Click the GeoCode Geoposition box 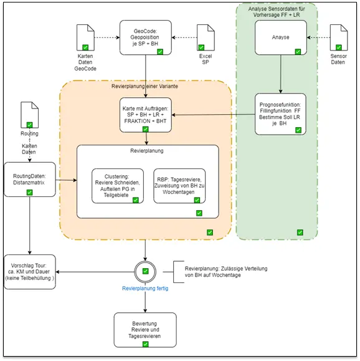tap(146, 37)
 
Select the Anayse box tap(281, 37)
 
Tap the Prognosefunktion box tap(280, 114)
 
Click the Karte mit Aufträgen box tap(146, 115)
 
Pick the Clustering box tap(118, 186)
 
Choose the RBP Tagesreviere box tap(179, 186)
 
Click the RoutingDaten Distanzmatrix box tap(30, 180)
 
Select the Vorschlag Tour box tap(30, 272)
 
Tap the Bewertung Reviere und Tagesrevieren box tap(145, 330)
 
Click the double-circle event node tap(145, 262)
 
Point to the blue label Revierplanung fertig tap(145, 288)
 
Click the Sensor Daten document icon tap(339, 37)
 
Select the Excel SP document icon tap(206, 37)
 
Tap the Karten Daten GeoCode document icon tap(85, 37)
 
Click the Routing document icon tap(30, 115)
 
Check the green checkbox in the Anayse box tap(298, 52)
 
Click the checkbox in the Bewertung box tap(145, 344)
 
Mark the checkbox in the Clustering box tap(136, 200)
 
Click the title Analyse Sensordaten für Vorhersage tap(277, 12)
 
